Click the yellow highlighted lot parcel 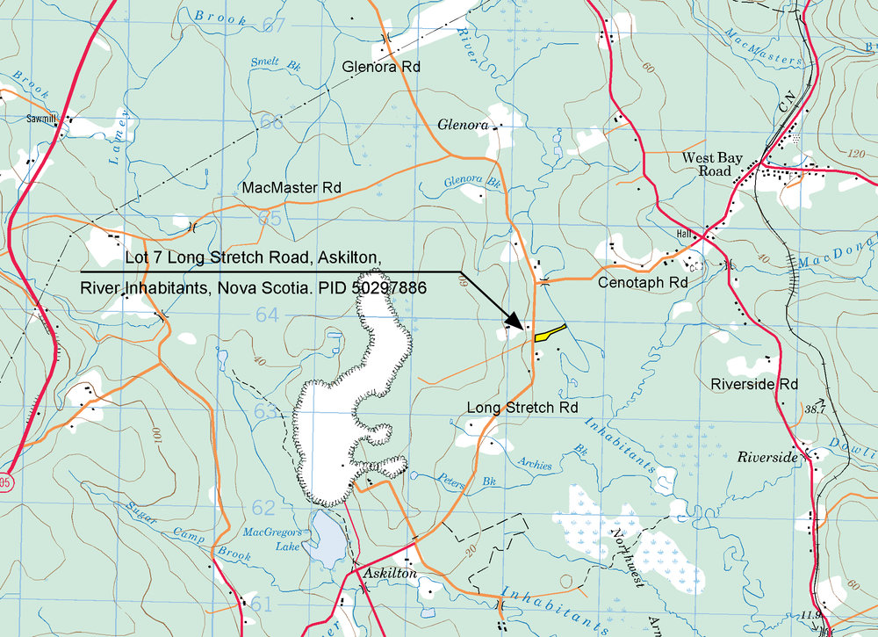coord(550,332)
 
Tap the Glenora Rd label coord(382,67)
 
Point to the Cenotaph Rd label coord(642,284)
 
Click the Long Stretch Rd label coord(522,408)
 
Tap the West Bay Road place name coord(713,164)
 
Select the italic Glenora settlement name coord(462,126)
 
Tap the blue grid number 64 coord(267,315)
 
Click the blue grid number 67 coord(275,25)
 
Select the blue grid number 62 coord(263,507)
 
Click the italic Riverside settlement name coord(766,458)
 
